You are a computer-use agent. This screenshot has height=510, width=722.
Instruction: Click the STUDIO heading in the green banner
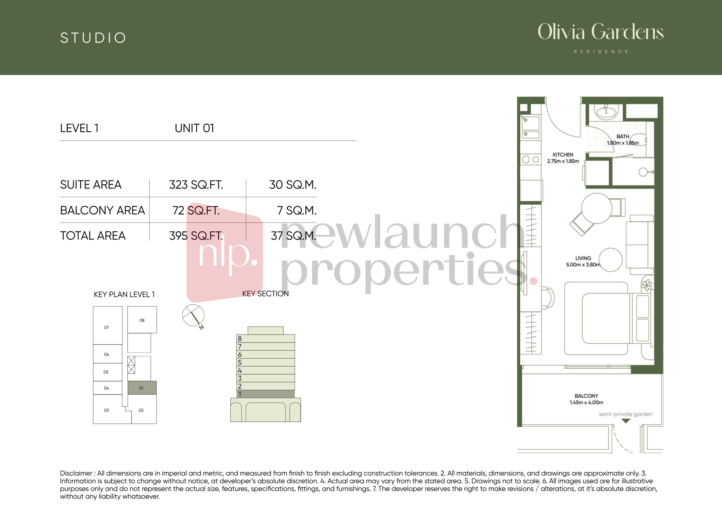[93, 38]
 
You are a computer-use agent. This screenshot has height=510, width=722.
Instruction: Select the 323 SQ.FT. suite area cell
[196, 185]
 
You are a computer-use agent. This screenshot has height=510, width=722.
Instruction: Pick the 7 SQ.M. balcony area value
[297, 210]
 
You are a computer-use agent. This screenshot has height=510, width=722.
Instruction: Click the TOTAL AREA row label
[93, 236]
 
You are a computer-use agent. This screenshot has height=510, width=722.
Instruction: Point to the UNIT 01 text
[194, 128]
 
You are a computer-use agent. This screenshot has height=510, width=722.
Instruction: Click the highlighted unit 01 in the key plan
[142, 388]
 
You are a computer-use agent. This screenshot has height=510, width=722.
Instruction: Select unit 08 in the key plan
[142, 320]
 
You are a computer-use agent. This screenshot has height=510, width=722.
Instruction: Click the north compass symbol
[194, 316]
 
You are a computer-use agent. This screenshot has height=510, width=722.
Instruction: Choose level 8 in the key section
[265, 338]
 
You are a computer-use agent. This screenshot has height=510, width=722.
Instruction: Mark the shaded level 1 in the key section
[265, 394]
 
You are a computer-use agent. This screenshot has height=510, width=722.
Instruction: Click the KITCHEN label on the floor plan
[563, 155]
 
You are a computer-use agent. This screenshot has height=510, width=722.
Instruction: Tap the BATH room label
[623, 136]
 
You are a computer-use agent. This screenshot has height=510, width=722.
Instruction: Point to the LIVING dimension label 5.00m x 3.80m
[583, 265]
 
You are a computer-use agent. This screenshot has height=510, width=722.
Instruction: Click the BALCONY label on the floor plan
[586, 396]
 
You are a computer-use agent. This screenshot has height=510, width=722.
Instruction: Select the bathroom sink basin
[606, 112]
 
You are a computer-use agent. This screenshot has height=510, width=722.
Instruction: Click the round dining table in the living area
[597, 208]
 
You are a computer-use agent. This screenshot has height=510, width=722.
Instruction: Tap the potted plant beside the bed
[647, 285]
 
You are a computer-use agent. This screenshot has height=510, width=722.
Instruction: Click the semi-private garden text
[625, 414]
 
